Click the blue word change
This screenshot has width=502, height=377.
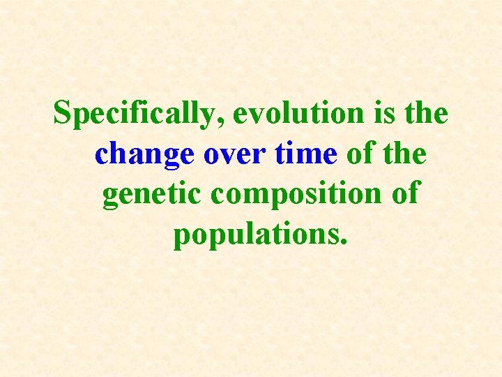[x=145, y=154]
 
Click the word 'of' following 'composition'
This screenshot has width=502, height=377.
[x=403, y=194]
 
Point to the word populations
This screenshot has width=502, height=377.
[x=255, y=235]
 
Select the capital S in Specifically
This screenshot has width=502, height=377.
[x=63, y=114]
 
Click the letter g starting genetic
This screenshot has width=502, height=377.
[x=110, y=198]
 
